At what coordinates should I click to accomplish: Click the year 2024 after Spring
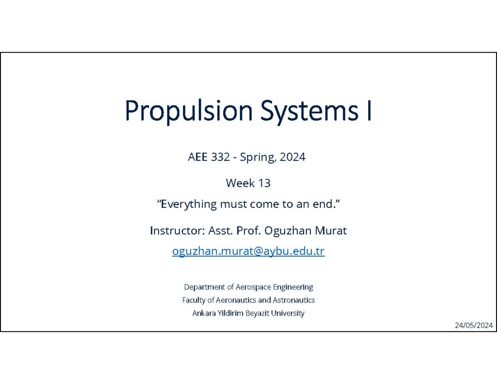pos(292,157)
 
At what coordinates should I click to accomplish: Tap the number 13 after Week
pos(264,183)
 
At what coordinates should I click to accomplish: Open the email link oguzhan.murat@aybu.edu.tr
pos(248,252)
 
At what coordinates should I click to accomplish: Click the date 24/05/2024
pos(474,326)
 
